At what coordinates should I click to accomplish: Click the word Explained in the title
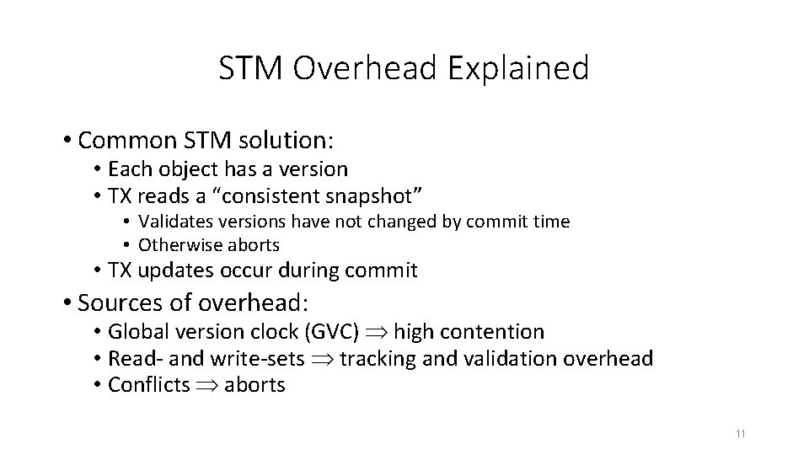(519, 68)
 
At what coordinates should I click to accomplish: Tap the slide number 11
(741, 434)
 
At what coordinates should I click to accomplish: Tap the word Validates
(173, 222)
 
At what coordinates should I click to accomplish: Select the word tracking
(381, 359)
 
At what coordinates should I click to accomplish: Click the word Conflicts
(149, 385)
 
